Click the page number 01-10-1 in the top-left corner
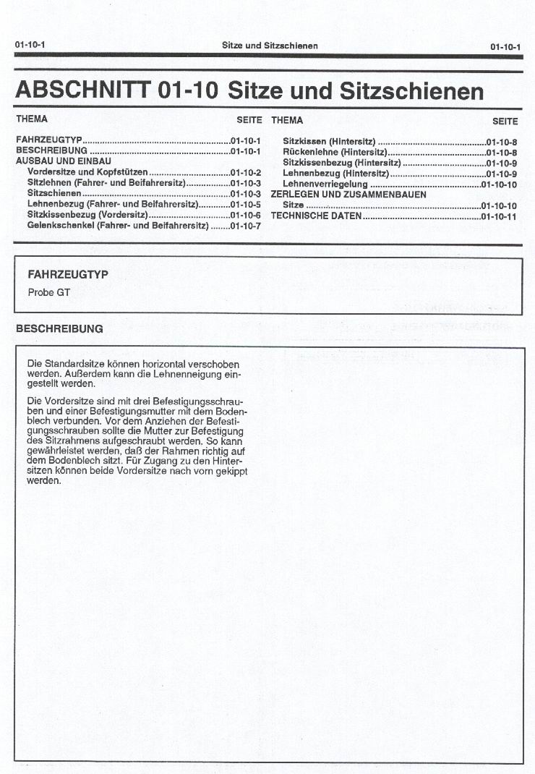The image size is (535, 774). click(x=30, y=46)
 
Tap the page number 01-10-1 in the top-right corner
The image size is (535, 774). click(x=505, y=47)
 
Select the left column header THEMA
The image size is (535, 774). click(x=32, y=119)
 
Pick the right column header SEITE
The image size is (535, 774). click(x=505, y=121)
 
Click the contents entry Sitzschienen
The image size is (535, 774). click(x=54, y=194)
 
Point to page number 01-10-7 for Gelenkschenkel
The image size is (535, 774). click(x=246, y=226)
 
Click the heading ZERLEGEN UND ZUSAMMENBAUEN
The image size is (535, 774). click(x=348, y=195)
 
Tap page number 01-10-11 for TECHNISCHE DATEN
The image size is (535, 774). click(x=499, y=216)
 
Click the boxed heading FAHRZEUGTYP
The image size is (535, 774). click(x=67, y=275)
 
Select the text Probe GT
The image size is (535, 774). click(x=48, y=293)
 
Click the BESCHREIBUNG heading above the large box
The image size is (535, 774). click(x=59, y=328)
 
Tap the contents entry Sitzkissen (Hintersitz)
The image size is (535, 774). click(x=329, y=142)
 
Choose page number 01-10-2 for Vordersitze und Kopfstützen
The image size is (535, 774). click(x=246, y=172)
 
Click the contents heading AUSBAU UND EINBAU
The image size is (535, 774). click(x=64, y=161)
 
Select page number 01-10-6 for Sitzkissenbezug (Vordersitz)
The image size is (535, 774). click(x=246, y=216)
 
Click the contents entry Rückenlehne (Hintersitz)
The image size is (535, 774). click(x=335, y=153)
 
